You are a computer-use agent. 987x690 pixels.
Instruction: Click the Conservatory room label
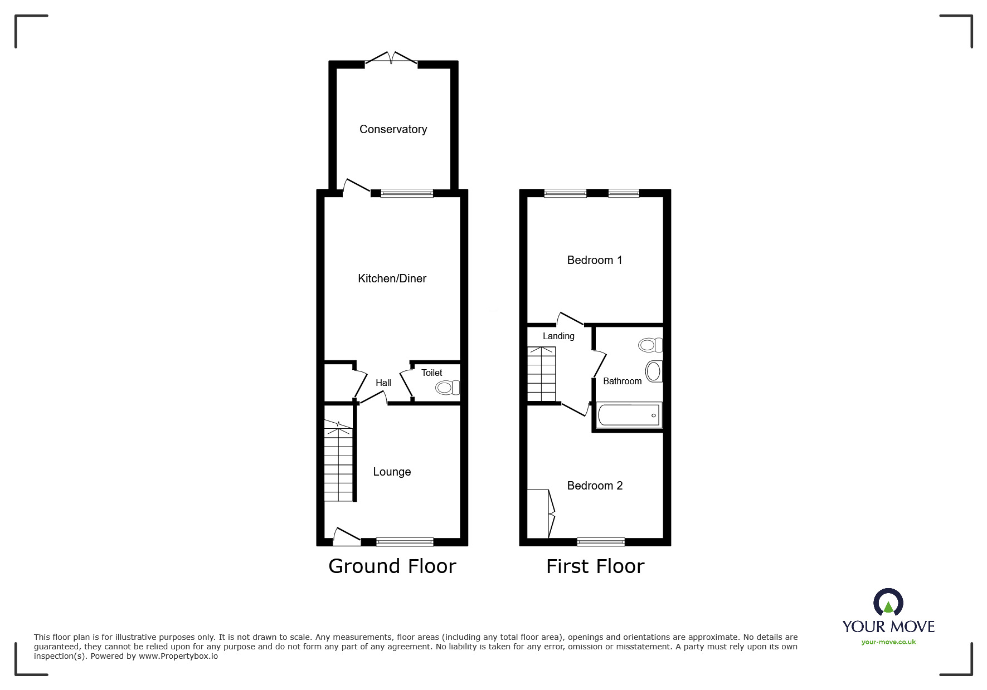[x=393, y=129]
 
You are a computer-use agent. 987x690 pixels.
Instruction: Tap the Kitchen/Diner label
[x=392, y=278]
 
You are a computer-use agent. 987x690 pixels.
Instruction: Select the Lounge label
[x=392, y=472]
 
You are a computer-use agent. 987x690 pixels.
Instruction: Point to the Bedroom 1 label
[x=594, y=260]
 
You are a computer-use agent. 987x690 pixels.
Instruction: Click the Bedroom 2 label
[x=595, y=486]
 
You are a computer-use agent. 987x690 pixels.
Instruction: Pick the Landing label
[x=558, y=336]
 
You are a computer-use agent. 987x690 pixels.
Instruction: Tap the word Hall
[x=383, y=383]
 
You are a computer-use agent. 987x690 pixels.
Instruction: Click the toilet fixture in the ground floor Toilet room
[x=448, y=388]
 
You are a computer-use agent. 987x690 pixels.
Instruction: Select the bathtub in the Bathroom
[x=629, y=415]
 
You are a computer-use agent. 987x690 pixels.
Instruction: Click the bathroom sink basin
[x=654, y=371]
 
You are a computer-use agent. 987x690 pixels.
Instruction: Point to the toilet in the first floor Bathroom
[x=650, y=345]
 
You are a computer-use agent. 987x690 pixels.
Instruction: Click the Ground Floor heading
[x=392, y=566]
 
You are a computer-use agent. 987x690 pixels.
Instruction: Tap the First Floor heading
[x=595, y=566]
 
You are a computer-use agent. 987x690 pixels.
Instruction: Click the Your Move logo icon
[x=888, y=603]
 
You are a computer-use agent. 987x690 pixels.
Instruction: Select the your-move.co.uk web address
[x=888, y=642]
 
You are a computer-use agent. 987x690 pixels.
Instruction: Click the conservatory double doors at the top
[x=392, y=58]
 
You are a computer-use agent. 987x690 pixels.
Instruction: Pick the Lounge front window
[x=405, y=541]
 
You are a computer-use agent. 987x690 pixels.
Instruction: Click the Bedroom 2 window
[x=601, y=541]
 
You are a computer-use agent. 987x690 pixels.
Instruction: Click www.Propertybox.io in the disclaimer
[x=178, y=656]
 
